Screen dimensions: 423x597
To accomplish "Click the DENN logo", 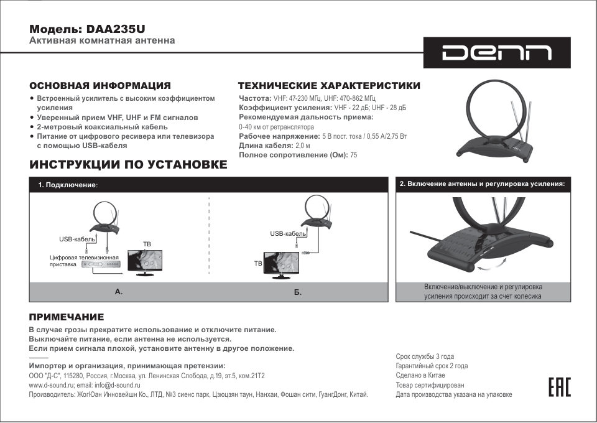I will (x=497, y=53).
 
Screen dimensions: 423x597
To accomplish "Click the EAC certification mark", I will (x=559, y=387).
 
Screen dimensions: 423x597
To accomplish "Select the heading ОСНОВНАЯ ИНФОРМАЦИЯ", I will (x=100, y=85).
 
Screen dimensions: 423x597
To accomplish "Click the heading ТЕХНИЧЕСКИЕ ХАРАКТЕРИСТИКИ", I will (x=329, y=85).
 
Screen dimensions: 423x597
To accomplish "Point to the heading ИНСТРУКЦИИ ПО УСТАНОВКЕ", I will (x=128, y=164).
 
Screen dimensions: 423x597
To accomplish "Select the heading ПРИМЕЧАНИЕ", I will (x=67, y=317).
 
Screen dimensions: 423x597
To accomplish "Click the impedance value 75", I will (x=354, y=154).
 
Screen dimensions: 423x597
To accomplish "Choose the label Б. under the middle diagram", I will (x=298, y=292).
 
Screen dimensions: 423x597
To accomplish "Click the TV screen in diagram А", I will (x=144, y=259).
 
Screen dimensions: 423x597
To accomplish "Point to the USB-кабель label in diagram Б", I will (x=287, y=233).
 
